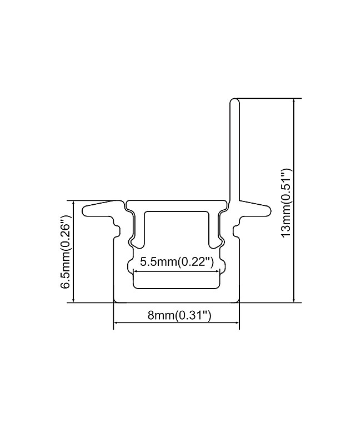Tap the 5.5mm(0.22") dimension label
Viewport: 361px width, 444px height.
point(177,262)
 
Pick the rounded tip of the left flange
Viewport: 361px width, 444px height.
point(84,210)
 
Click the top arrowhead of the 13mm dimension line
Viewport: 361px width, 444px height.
point(294,102)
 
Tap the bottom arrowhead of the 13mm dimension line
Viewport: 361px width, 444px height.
point(294,300)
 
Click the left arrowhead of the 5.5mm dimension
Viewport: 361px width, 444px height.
point(136,270)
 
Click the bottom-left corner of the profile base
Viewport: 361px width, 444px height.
point(114,302)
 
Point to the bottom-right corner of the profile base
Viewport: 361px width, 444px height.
point(239,302)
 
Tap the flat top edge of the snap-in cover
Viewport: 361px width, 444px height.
point(177,201)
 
